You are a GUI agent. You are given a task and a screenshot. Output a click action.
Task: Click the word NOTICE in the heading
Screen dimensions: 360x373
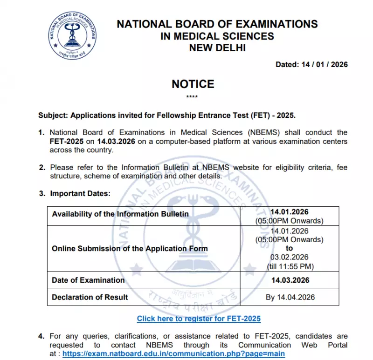[193, 84]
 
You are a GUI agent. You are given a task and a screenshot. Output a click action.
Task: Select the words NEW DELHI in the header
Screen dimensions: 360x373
[217, 47]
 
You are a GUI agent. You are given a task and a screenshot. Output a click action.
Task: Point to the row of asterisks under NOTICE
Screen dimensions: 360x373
[192, 97]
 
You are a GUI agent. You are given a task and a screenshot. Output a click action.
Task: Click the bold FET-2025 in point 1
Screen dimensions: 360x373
[67, 141]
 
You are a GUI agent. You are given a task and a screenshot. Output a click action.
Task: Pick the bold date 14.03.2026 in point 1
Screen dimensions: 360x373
[117, 141]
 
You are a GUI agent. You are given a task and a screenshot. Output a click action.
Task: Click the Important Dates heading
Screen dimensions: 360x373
[80, 193]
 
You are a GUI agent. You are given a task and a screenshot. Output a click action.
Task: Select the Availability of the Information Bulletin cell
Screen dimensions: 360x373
[120, 214]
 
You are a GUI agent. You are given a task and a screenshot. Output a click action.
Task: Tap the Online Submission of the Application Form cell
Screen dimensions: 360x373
[130, 249]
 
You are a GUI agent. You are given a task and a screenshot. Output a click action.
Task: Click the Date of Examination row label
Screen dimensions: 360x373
[88, 280]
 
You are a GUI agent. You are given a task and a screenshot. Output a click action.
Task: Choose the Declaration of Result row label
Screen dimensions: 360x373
[90, 297]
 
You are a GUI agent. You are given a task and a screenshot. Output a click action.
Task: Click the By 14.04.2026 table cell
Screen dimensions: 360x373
[290, 297]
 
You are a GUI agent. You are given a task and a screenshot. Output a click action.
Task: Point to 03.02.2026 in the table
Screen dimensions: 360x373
[289, 257]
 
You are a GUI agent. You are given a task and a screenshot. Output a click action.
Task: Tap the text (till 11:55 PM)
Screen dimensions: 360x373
[289, 266]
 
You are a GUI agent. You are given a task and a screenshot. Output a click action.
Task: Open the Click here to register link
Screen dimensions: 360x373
[199, 319]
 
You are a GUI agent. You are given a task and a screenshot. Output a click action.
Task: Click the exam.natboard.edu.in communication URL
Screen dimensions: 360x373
[174, 353]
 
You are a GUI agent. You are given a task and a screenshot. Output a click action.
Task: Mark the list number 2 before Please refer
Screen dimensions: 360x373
[42, 167]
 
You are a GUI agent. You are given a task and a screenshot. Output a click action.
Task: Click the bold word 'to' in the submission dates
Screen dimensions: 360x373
[290, 248]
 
